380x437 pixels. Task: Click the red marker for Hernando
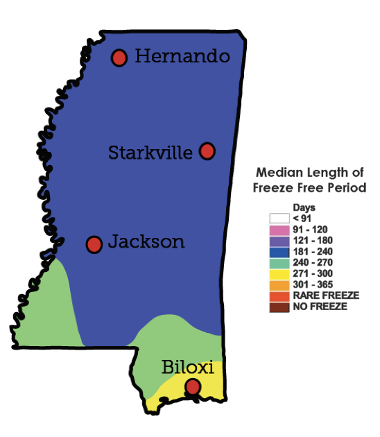point(119,58)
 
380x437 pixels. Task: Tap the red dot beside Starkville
point(207,151)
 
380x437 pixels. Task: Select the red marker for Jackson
point(94,244)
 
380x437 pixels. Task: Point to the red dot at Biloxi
point(193,386)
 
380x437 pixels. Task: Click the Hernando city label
point(182,56)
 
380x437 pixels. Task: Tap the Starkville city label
point(150,153)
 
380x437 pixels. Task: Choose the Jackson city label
point(146,242)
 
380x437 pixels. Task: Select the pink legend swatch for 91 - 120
point(279,230)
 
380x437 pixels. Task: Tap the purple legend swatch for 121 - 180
point(279,241)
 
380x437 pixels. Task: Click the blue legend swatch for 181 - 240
point(279,252)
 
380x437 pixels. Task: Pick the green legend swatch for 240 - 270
point(279,263)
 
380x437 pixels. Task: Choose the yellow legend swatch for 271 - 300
point(279,274)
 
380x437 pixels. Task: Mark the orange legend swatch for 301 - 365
point(279,285)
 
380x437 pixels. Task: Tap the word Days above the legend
point(304,207)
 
